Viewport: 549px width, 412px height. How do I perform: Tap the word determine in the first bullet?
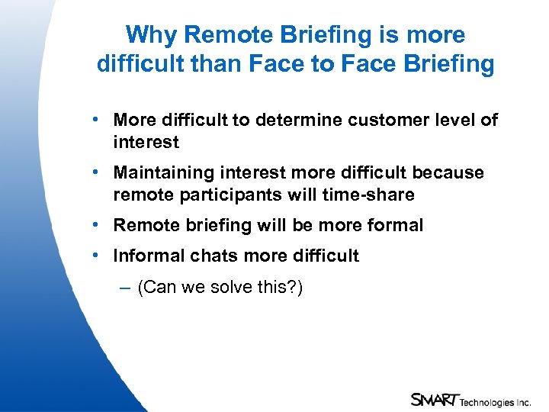pyautogui.click(x=281, y=120)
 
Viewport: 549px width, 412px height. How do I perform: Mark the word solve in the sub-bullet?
pyautogui.click(x=232, y=288)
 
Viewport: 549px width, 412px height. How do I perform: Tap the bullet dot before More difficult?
pyautogui.click(x=93, y=120)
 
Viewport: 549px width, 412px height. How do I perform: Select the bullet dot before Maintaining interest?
pyautogui.click(x=93, y=172)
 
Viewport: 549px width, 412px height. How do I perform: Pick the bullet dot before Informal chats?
pyautogui.click(x=93, y=256)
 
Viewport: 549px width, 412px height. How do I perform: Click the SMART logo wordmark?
pyautogui.click(x=435, y=399)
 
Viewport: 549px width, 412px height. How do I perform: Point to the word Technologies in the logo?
pyautogui.click(x=487, y=401)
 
